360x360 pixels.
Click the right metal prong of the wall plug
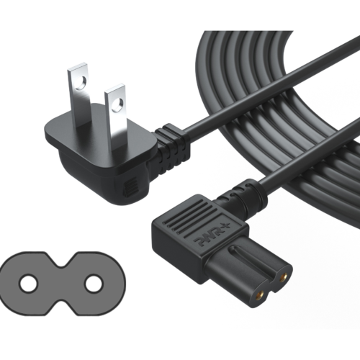(x=116, y=113)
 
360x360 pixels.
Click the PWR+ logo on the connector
(x=211, y=235)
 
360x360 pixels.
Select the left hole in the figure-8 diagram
(x=29, y=284)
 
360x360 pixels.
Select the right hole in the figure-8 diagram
(x=94, y=284)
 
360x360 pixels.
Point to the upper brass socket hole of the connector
(x=285, y=276)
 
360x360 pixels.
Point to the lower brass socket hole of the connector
(x=261, y=294)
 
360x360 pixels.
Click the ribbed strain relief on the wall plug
(x=172, y=146)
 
